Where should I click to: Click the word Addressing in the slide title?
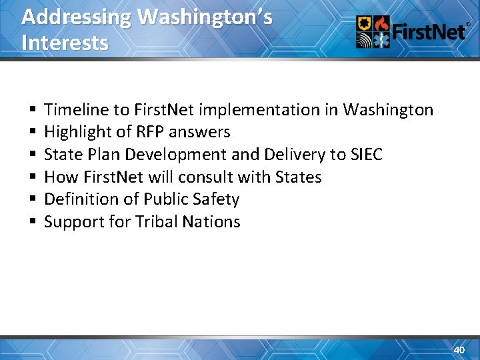click(76, 17)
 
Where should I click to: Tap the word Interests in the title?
click(65, 43)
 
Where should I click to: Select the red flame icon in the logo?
click(382, 25)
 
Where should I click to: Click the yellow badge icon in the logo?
click(365, 25)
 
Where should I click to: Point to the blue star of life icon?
click(382, 40)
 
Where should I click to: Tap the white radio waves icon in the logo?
click(365, 40)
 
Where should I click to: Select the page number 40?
click(459, 350)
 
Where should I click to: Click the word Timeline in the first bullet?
click(76, 109)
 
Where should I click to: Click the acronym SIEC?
click(366, 155)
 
